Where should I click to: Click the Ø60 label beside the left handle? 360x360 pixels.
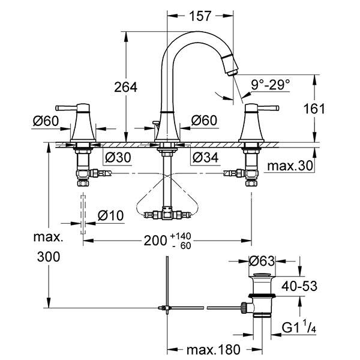46,121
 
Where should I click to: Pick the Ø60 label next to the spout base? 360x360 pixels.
203,121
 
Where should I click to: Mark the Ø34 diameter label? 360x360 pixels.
203,158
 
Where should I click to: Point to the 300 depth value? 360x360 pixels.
49,257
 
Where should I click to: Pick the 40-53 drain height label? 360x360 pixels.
301,287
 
